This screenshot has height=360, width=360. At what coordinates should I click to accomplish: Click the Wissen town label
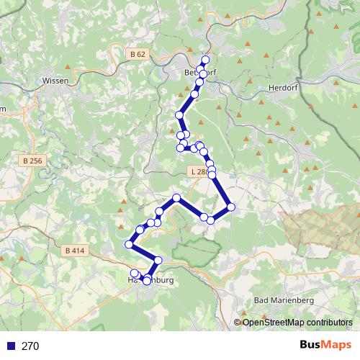click(55, 81)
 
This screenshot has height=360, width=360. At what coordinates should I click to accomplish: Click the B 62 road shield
click(138, 54)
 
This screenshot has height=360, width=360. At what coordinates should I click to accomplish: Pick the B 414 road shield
click(74, 251)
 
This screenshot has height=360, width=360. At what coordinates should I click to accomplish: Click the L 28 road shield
click(199, 172)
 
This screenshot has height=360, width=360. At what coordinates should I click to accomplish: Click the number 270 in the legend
click(30, 346)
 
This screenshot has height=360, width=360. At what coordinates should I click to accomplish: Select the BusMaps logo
click(325, 346)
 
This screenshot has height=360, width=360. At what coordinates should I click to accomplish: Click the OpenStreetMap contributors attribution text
click(297, 323)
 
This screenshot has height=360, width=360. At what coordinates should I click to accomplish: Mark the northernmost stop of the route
click(206, 60)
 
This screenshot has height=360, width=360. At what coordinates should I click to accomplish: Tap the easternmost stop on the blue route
click(231, 207)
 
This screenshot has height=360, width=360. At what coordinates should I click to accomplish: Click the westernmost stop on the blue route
click(130, 245)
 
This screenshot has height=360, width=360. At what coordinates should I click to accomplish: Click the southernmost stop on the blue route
click(147, 281)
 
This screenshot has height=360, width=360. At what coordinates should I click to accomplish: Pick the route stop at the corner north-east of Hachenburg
click(158, 260)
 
